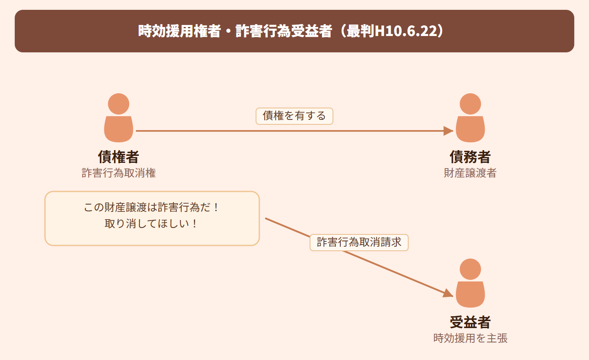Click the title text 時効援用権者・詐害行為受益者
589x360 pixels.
click(x=235, y=31)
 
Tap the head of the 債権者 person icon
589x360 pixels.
click(x=119, y=104)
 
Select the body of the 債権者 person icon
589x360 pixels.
click(x=119, y=129)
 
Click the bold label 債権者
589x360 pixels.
click(x=119, y=157)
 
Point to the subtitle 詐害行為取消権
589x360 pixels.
click(x=119, y=173)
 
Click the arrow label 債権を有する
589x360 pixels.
click(x=294, y=116)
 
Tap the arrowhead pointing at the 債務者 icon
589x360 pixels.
click(x=448, y=131)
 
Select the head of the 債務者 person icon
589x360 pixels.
click(x=470, y=104)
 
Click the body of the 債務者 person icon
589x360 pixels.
click(x=470, y=129)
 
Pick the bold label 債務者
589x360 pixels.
click(x=470, y=157)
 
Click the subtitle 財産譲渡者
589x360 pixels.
click(x=470, y=173)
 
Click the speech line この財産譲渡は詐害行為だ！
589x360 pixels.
click(x=151, y=207)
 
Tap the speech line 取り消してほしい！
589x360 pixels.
click(x=151, y=224)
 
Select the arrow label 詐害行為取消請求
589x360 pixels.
click(x=359, y=243)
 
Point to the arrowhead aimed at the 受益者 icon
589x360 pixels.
click(x=448, y=293)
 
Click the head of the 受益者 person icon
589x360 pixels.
click(x=470, y=269)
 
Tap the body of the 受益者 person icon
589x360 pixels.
click(x=470, y=294)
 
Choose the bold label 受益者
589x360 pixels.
click(x=470, y=322)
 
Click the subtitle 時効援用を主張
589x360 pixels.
click(x=470, y=338)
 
